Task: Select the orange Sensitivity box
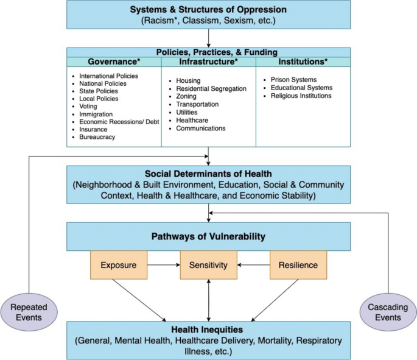point(208,265)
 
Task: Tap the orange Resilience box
point(298,265)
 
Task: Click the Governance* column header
point(114,62)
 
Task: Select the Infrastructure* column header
point(208,62)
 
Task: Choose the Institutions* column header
point(303,62)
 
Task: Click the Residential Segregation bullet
point(211,88)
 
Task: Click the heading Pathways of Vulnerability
point(208,235)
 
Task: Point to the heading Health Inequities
point(208,330)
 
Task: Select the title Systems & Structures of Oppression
point(208,10)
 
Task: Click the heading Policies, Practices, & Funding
point(208,52)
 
